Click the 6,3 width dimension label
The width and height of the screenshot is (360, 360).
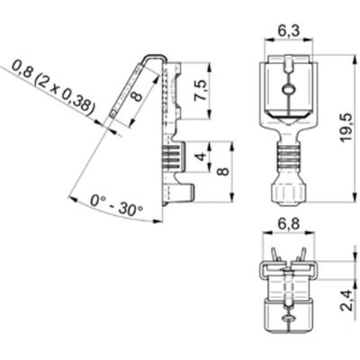[x=288, y=31]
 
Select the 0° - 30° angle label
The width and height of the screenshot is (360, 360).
[x=117, y=208]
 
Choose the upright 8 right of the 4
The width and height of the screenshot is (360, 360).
[x=224, y=170]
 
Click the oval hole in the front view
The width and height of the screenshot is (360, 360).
[x=287, y=89]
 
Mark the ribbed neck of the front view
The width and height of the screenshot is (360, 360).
[x=287, y=160]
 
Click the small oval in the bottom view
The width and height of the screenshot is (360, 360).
[x=287, y=319]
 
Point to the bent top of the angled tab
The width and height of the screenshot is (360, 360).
[x=154, y=58]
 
